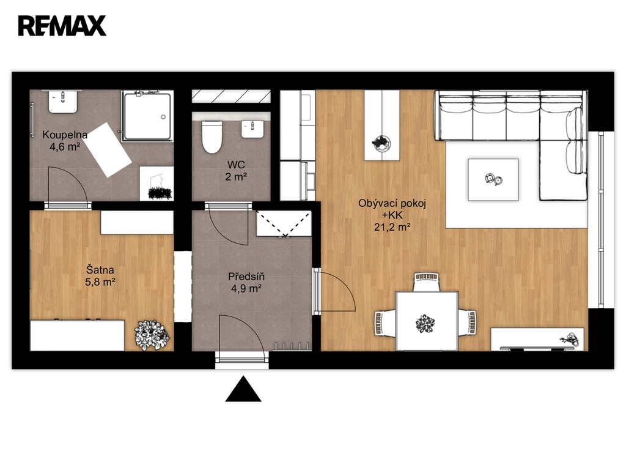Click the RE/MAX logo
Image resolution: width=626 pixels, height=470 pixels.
click(x=62, y=26)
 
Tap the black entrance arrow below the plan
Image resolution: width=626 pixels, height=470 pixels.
click(x=243, y=389)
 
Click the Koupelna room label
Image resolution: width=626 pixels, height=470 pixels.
click(x=65, y=135)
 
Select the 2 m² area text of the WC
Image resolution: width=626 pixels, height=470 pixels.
click(x=235, y=176)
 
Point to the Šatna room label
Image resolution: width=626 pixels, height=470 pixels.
click(x=100, y=270)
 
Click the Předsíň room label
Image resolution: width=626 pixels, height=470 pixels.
click(x=246, y=276)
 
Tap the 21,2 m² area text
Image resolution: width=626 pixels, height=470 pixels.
click(x=392, y=228)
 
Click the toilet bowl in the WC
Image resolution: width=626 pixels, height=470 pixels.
click(x=212, y=137)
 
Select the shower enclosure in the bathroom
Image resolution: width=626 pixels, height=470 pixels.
click(x=148, y=116)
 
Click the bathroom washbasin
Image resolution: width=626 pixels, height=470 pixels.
click(x=63, y=102)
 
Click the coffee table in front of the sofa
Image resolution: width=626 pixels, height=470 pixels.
click(x=493, y=179)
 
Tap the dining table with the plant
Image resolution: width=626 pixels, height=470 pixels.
click(x=426, y=321)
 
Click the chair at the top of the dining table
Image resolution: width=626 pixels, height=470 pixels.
click(x=426, y=282)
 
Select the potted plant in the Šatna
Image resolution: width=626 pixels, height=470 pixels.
click(x=152, y=335)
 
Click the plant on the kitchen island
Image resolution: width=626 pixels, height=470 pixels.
click(x=381, y=143)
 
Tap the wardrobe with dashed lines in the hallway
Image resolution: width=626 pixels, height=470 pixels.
click(x=284, y=223)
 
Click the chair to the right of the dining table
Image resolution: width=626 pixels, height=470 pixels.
click(x=467, y=322)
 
